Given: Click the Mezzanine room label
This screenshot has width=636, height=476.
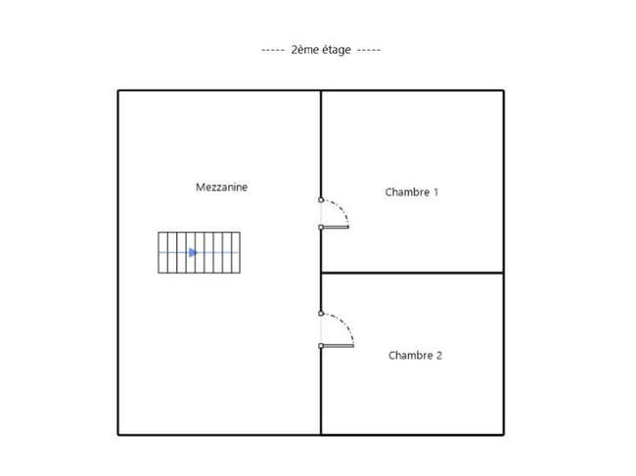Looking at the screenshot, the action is pyautogui.click(x=221, y=187).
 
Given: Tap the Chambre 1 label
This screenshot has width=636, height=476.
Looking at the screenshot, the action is pyautogui.click(x=412, y=192).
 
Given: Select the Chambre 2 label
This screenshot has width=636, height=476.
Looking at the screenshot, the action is pyautogui.click(x=415, y=355).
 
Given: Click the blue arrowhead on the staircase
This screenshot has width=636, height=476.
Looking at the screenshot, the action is pyautogui.click(x=193, y=253).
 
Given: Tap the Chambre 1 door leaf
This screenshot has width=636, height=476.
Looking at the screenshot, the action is pyautogui.click(x=335, y=227).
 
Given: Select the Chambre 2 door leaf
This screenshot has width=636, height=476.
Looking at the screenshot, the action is pyautogui.click(x=337, y=346).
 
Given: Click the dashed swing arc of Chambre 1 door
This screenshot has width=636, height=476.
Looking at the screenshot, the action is pyautogui.click(x=341, y=208).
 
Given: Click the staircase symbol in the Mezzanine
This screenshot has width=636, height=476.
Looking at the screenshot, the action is pyautogui.click(x=200, y=253).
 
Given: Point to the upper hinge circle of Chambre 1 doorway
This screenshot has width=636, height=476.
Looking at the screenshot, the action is pyautogui.click(x=321, y=199).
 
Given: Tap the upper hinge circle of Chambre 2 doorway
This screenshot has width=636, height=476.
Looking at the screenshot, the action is pyautogui.click(x=321, y=313).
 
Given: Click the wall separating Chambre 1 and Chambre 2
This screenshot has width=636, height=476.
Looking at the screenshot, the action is pyautogui.click(x=412, y=273).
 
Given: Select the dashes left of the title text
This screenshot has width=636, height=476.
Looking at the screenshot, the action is pyautogui.click(x=273, y=50).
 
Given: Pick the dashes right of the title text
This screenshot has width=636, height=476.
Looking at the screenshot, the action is pyautogui.click(x=369, y=50).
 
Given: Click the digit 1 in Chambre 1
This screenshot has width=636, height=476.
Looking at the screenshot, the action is pyautogui.click(x=436, y=192).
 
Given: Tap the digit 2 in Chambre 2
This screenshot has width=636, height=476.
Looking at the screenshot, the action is pyautogui.click(x=439, y=355).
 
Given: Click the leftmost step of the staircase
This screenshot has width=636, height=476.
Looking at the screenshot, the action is pyautogui.click(x=162, y=253).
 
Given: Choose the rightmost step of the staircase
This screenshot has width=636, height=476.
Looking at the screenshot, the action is pyautogui.click(x=236, y=253).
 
